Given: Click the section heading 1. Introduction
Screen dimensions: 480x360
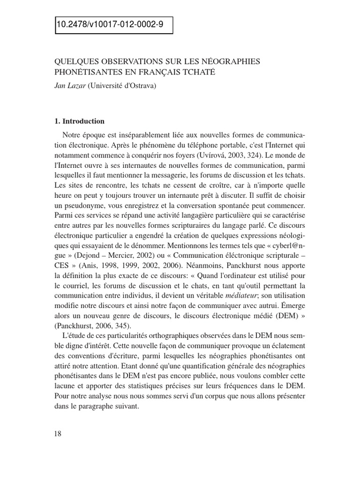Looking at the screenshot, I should [80, 121].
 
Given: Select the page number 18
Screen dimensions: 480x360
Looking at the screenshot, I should [58, 434].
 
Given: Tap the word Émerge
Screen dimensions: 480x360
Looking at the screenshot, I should [293, 307].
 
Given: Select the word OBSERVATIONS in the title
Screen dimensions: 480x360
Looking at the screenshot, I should [124, 62].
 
